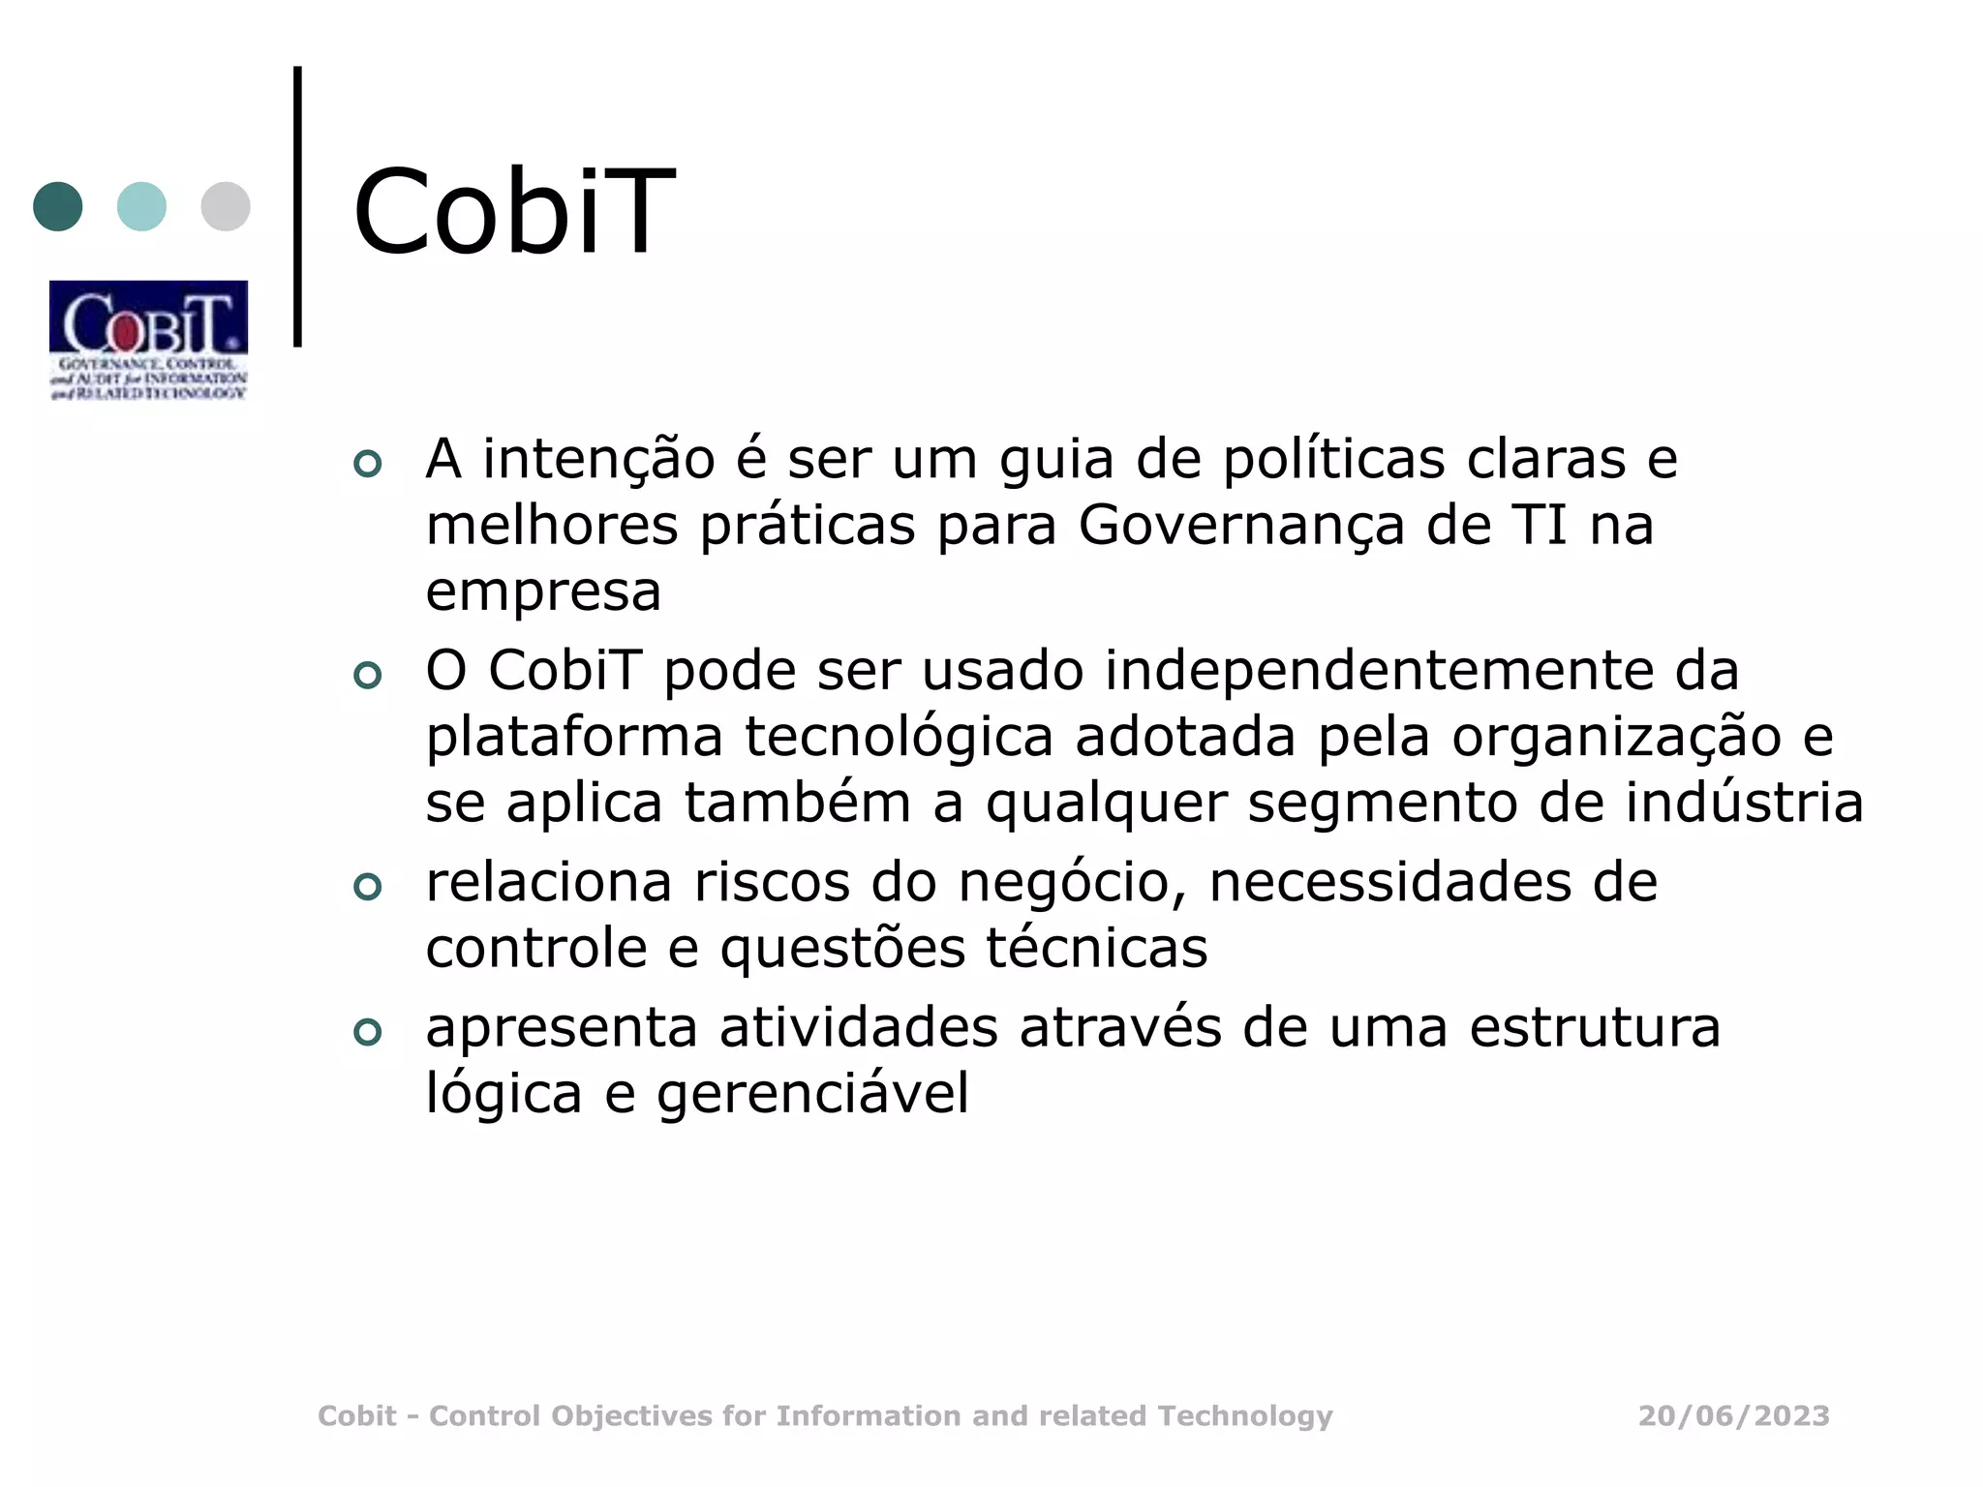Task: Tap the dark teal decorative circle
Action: click(58, 206)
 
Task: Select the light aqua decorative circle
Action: click(141, 206)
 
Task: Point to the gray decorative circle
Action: click(226, 206)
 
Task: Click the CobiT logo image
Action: click(148, 340)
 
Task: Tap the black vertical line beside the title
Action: click(297, 205)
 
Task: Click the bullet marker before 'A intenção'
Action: click(368, 464)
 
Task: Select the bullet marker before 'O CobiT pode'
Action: click(368, 675)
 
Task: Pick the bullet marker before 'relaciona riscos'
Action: click(368, 887)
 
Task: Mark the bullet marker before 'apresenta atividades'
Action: click(368, 1032)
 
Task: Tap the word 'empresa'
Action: click(543, 592)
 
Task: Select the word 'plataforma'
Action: click(574, 739)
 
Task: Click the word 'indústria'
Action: click(1744, 803)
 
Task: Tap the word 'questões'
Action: click(842, 949)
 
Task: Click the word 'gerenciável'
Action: click(812, 1095)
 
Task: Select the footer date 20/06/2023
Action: click(1733, 1416)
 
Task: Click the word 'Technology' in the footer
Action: click(1245, 1416)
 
